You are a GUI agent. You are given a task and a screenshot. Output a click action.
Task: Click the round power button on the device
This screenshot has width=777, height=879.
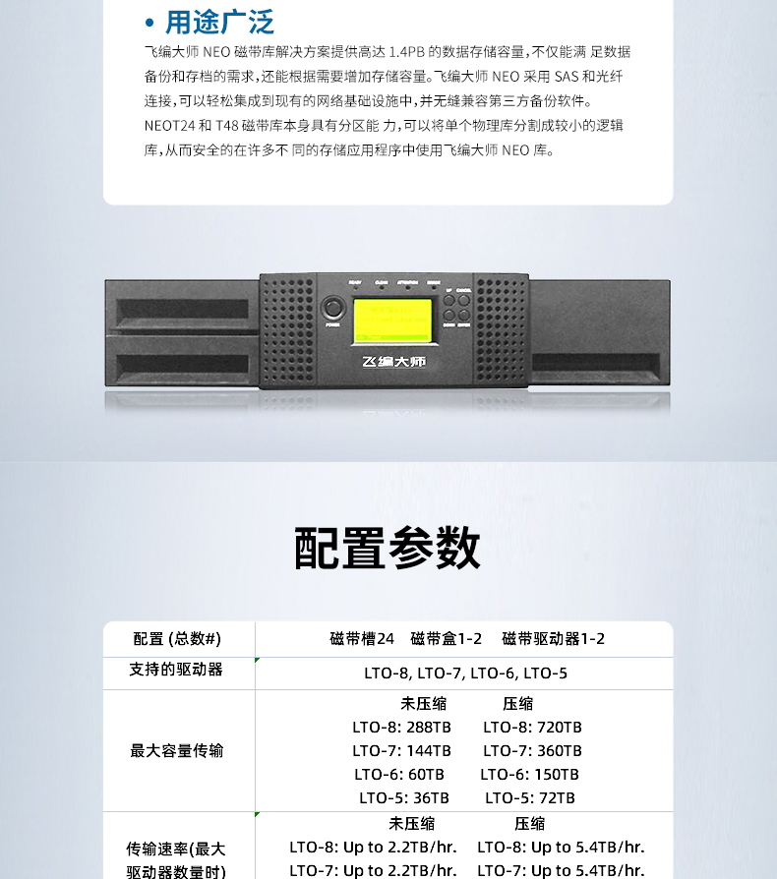point(332,309)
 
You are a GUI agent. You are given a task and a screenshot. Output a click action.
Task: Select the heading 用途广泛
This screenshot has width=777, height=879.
point(219,22)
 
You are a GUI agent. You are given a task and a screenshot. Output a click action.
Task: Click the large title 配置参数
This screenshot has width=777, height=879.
point(388,549)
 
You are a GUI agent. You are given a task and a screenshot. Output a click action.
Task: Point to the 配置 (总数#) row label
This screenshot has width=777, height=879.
point(177,639)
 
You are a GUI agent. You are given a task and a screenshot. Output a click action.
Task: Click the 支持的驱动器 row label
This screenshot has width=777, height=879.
point(177,670)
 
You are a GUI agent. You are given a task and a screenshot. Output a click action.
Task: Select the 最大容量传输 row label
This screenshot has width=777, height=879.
point(177,751)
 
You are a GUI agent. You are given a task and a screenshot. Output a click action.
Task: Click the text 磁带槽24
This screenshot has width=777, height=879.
point(362,639)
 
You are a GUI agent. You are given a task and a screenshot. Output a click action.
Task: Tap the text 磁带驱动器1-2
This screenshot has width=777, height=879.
point(554,639)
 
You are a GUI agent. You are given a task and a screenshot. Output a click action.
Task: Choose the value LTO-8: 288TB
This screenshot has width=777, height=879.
point(401,728)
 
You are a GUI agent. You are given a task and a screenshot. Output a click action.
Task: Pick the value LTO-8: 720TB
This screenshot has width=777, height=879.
point(532,728)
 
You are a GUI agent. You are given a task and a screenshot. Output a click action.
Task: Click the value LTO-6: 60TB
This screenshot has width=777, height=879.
point(401,775)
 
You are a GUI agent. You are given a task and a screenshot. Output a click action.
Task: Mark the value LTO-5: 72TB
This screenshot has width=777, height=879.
point(530,798)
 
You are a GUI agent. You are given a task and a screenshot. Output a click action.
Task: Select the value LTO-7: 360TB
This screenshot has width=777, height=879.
point(532,751)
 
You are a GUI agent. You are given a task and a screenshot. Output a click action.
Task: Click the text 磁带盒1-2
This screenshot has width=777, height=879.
point(447,639)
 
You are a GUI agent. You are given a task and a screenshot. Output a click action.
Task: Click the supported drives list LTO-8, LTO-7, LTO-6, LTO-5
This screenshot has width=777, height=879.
point(465,674)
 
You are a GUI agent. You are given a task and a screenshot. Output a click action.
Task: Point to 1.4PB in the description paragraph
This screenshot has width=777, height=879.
point(407,52)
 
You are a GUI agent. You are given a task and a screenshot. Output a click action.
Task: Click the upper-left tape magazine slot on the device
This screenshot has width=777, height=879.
point(183,311)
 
